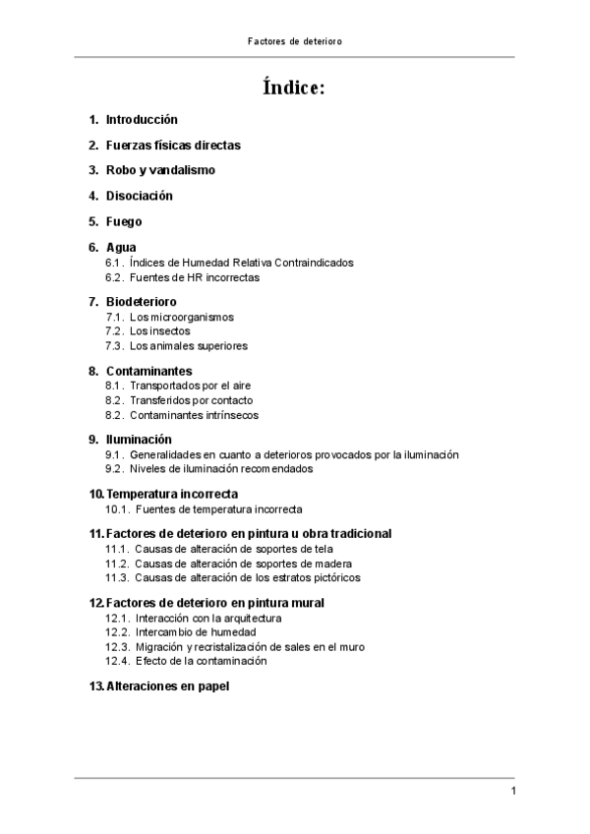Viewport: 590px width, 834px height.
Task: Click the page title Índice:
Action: (294, 88)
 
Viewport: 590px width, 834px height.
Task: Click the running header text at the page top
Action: (294, 42)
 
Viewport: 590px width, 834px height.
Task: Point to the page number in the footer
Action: (513, 792)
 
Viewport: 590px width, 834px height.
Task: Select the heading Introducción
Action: (142, 119)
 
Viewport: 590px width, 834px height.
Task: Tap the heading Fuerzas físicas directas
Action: (173, 145)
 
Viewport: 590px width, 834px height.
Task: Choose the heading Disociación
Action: (139, 196)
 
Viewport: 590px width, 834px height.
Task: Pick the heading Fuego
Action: (124, 221)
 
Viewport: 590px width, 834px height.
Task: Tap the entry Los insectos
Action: (159, 331)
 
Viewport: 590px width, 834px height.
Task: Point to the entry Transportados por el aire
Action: (191, 386)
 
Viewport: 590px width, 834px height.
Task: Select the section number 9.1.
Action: (114, 454)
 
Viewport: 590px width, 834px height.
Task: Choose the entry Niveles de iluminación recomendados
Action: (221, 469)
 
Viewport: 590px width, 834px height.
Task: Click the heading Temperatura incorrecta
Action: (172, 493)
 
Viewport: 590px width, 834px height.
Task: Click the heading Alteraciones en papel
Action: (167, 685)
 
